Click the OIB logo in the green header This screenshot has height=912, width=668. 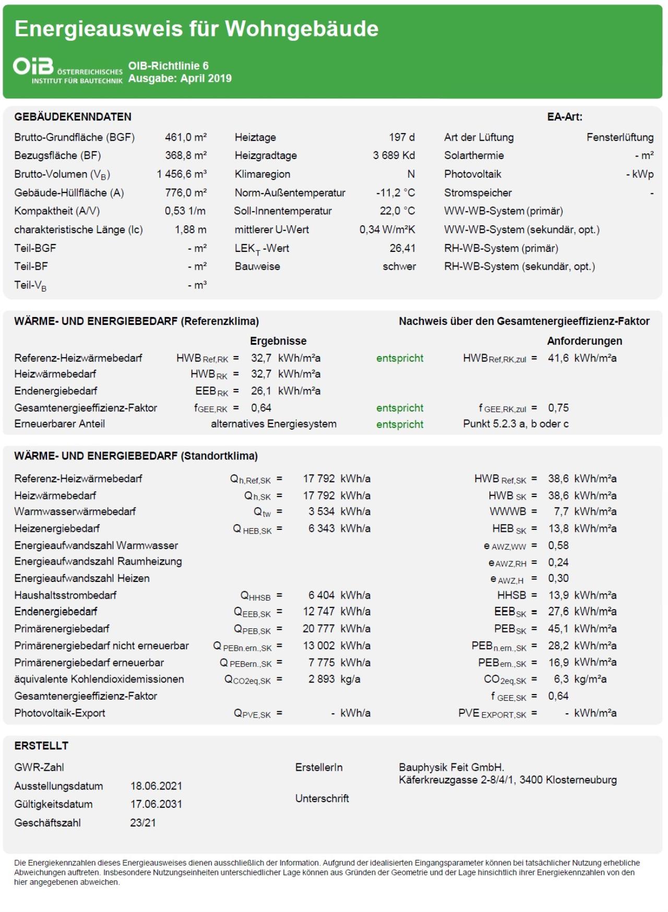point(33,67)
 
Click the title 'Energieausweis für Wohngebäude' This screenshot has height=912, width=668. point(196,29)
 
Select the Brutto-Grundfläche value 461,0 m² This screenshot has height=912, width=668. point(186,137)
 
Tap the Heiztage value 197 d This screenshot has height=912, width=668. point(401,137)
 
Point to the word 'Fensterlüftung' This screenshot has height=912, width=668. point(619,137)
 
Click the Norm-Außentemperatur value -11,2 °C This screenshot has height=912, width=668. point(396,192)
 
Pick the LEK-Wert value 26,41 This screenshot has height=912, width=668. point(402,248)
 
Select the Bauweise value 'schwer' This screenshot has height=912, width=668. point(399,266)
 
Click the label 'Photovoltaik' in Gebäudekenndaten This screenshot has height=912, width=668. point(472,174)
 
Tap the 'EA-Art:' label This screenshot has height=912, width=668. point(565,117)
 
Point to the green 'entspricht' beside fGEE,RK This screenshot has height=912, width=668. point(400,408)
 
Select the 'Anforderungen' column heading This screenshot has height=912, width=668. point(584,341)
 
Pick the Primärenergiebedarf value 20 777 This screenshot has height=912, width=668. point(318,629)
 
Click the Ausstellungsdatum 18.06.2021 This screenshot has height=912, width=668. point(156,786)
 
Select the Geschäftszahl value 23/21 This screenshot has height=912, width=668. point(143,823)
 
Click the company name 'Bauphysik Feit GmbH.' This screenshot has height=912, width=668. point(451,768)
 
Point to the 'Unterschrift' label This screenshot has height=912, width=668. point(322,798)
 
